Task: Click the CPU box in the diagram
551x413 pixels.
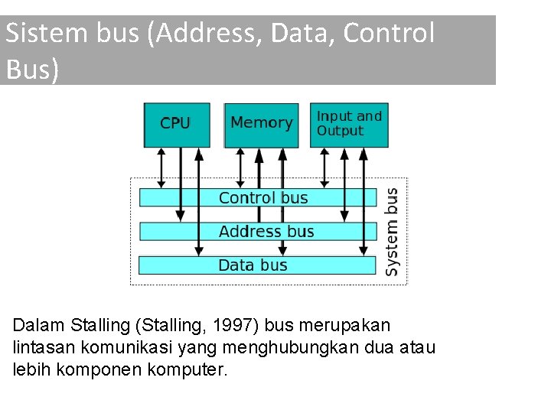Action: click(x=176, y=124)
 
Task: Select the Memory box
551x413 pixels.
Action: click(x=261, y=124)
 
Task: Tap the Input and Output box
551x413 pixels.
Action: click(x=349, y=124)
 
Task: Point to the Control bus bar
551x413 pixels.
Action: click(x=257, y=197)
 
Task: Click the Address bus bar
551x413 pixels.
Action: click(x=257, y=231)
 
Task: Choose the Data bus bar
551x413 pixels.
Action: click(x=257, y=265)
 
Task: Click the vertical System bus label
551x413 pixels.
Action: click(x=392, y=231)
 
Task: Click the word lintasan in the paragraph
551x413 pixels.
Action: click(x=39, y=348)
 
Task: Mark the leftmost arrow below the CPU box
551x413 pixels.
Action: click(x=161, y=167)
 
